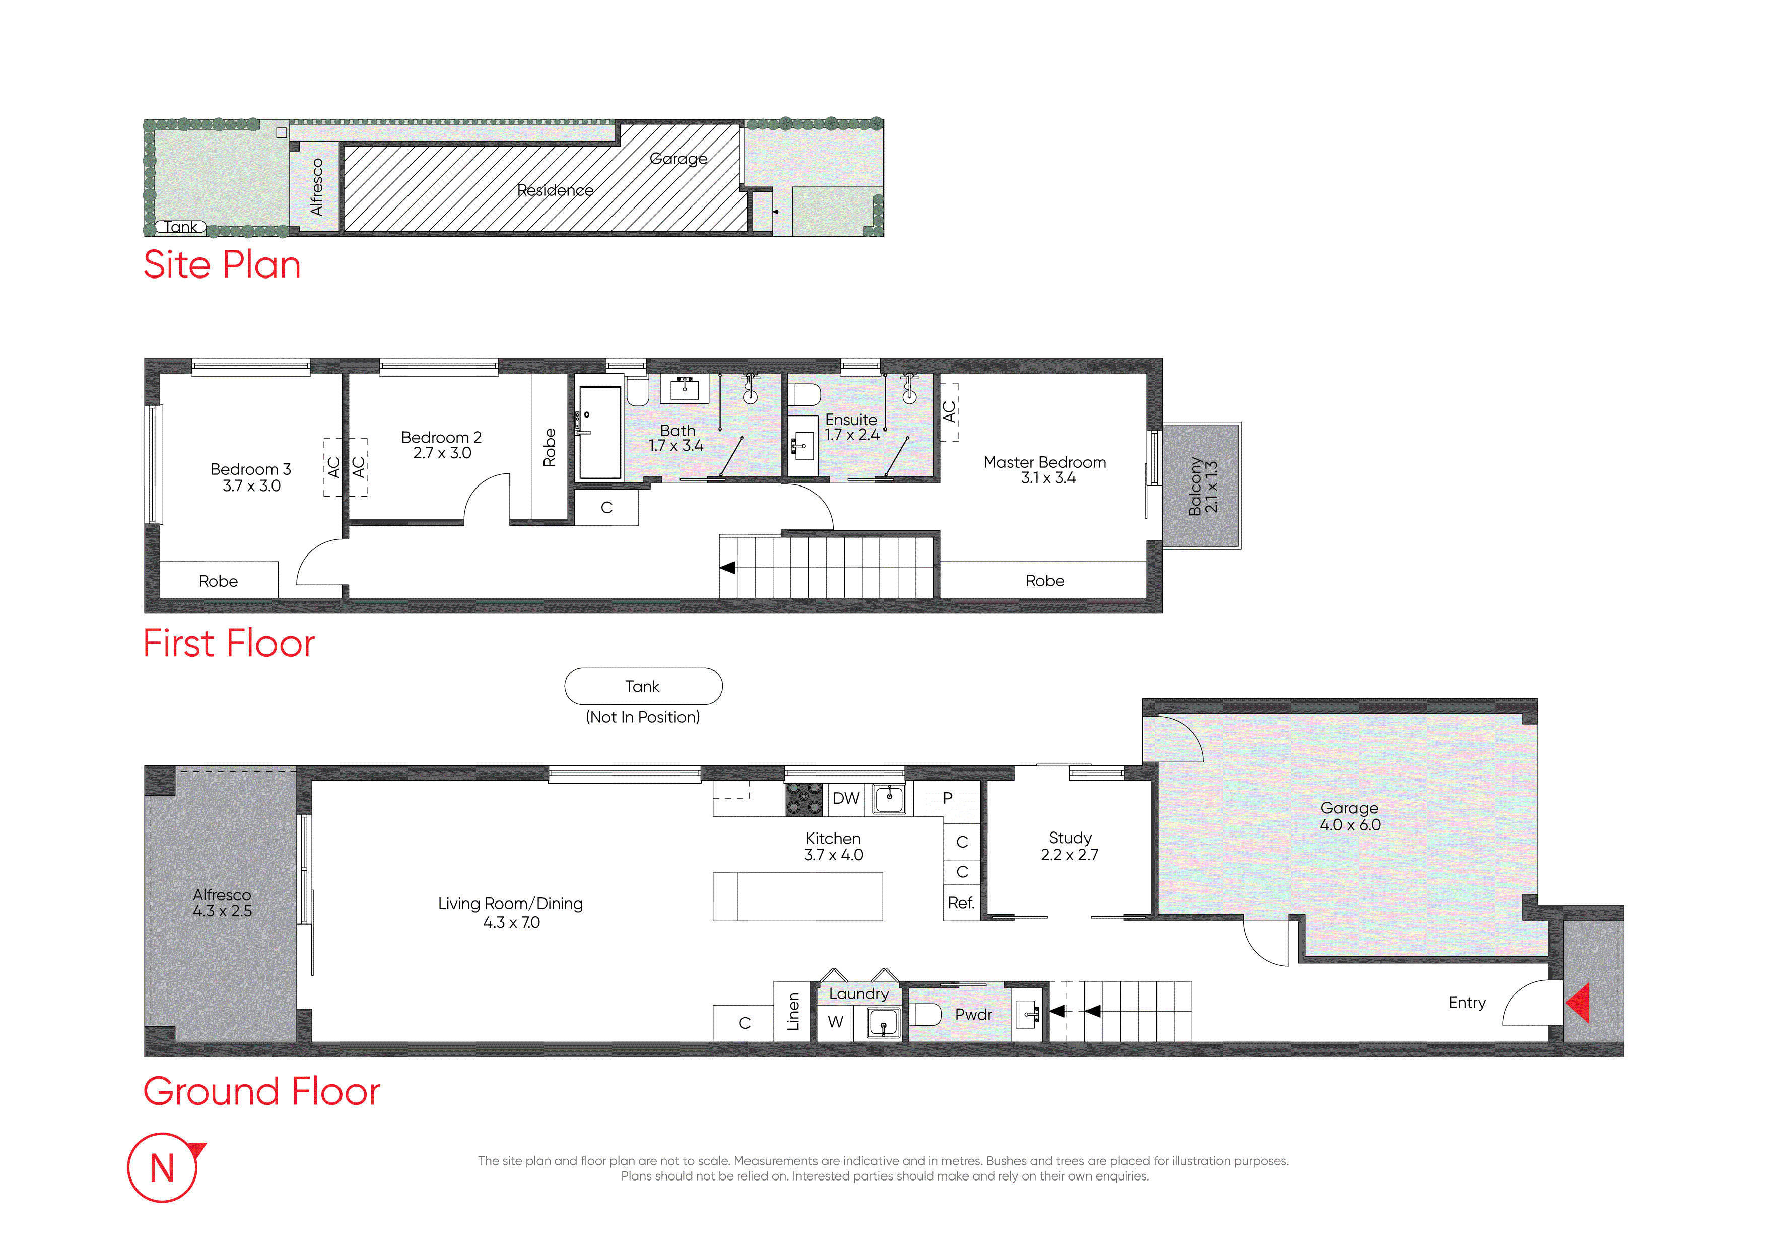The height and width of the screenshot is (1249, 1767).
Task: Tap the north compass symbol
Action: click(x=164, y=1167)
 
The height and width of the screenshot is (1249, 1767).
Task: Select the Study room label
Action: click(x=1070, y=846)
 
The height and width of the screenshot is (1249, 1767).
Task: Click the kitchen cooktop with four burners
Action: click(x=804, y=799)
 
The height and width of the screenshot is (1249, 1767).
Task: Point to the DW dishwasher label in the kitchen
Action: click(x=846, y=798)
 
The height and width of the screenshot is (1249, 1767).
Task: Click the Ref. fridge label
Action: click(x=961, y=903)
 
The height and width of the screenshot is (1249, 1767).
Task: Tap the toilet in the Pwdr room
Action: click(x=926, y=1014)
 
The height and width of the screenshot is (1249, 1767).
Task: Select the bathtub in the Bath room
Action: click(x=599, y=433)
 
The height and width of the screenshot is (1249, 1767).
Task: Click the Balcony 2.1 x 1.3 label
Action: click(x=1203, y=485)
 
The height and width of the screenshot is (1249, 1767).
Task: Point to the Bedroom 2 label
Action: click(x=442, y=445)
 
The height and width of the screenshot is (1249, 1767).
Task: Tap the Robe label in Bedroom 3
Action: click(x=219, y=581)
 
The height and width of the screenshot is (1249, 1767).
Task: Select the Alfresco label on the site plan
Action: click(x=316, y=187)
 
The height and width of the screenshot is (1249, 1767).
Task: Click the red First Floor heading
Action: click(x=229, y=643)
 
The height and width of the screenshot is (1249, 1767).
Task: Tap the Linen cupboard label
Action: click(x=793, y=1011)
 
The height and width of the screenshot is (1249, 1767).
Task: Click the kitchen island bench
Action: click(x=798, y=896)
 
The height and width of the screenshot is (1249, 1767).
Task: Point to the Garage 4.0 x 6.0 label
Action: click(x=1350, y=816)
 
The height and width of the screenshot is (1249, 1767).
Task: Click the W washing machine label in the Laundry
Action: click(x=835, y=1022)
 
